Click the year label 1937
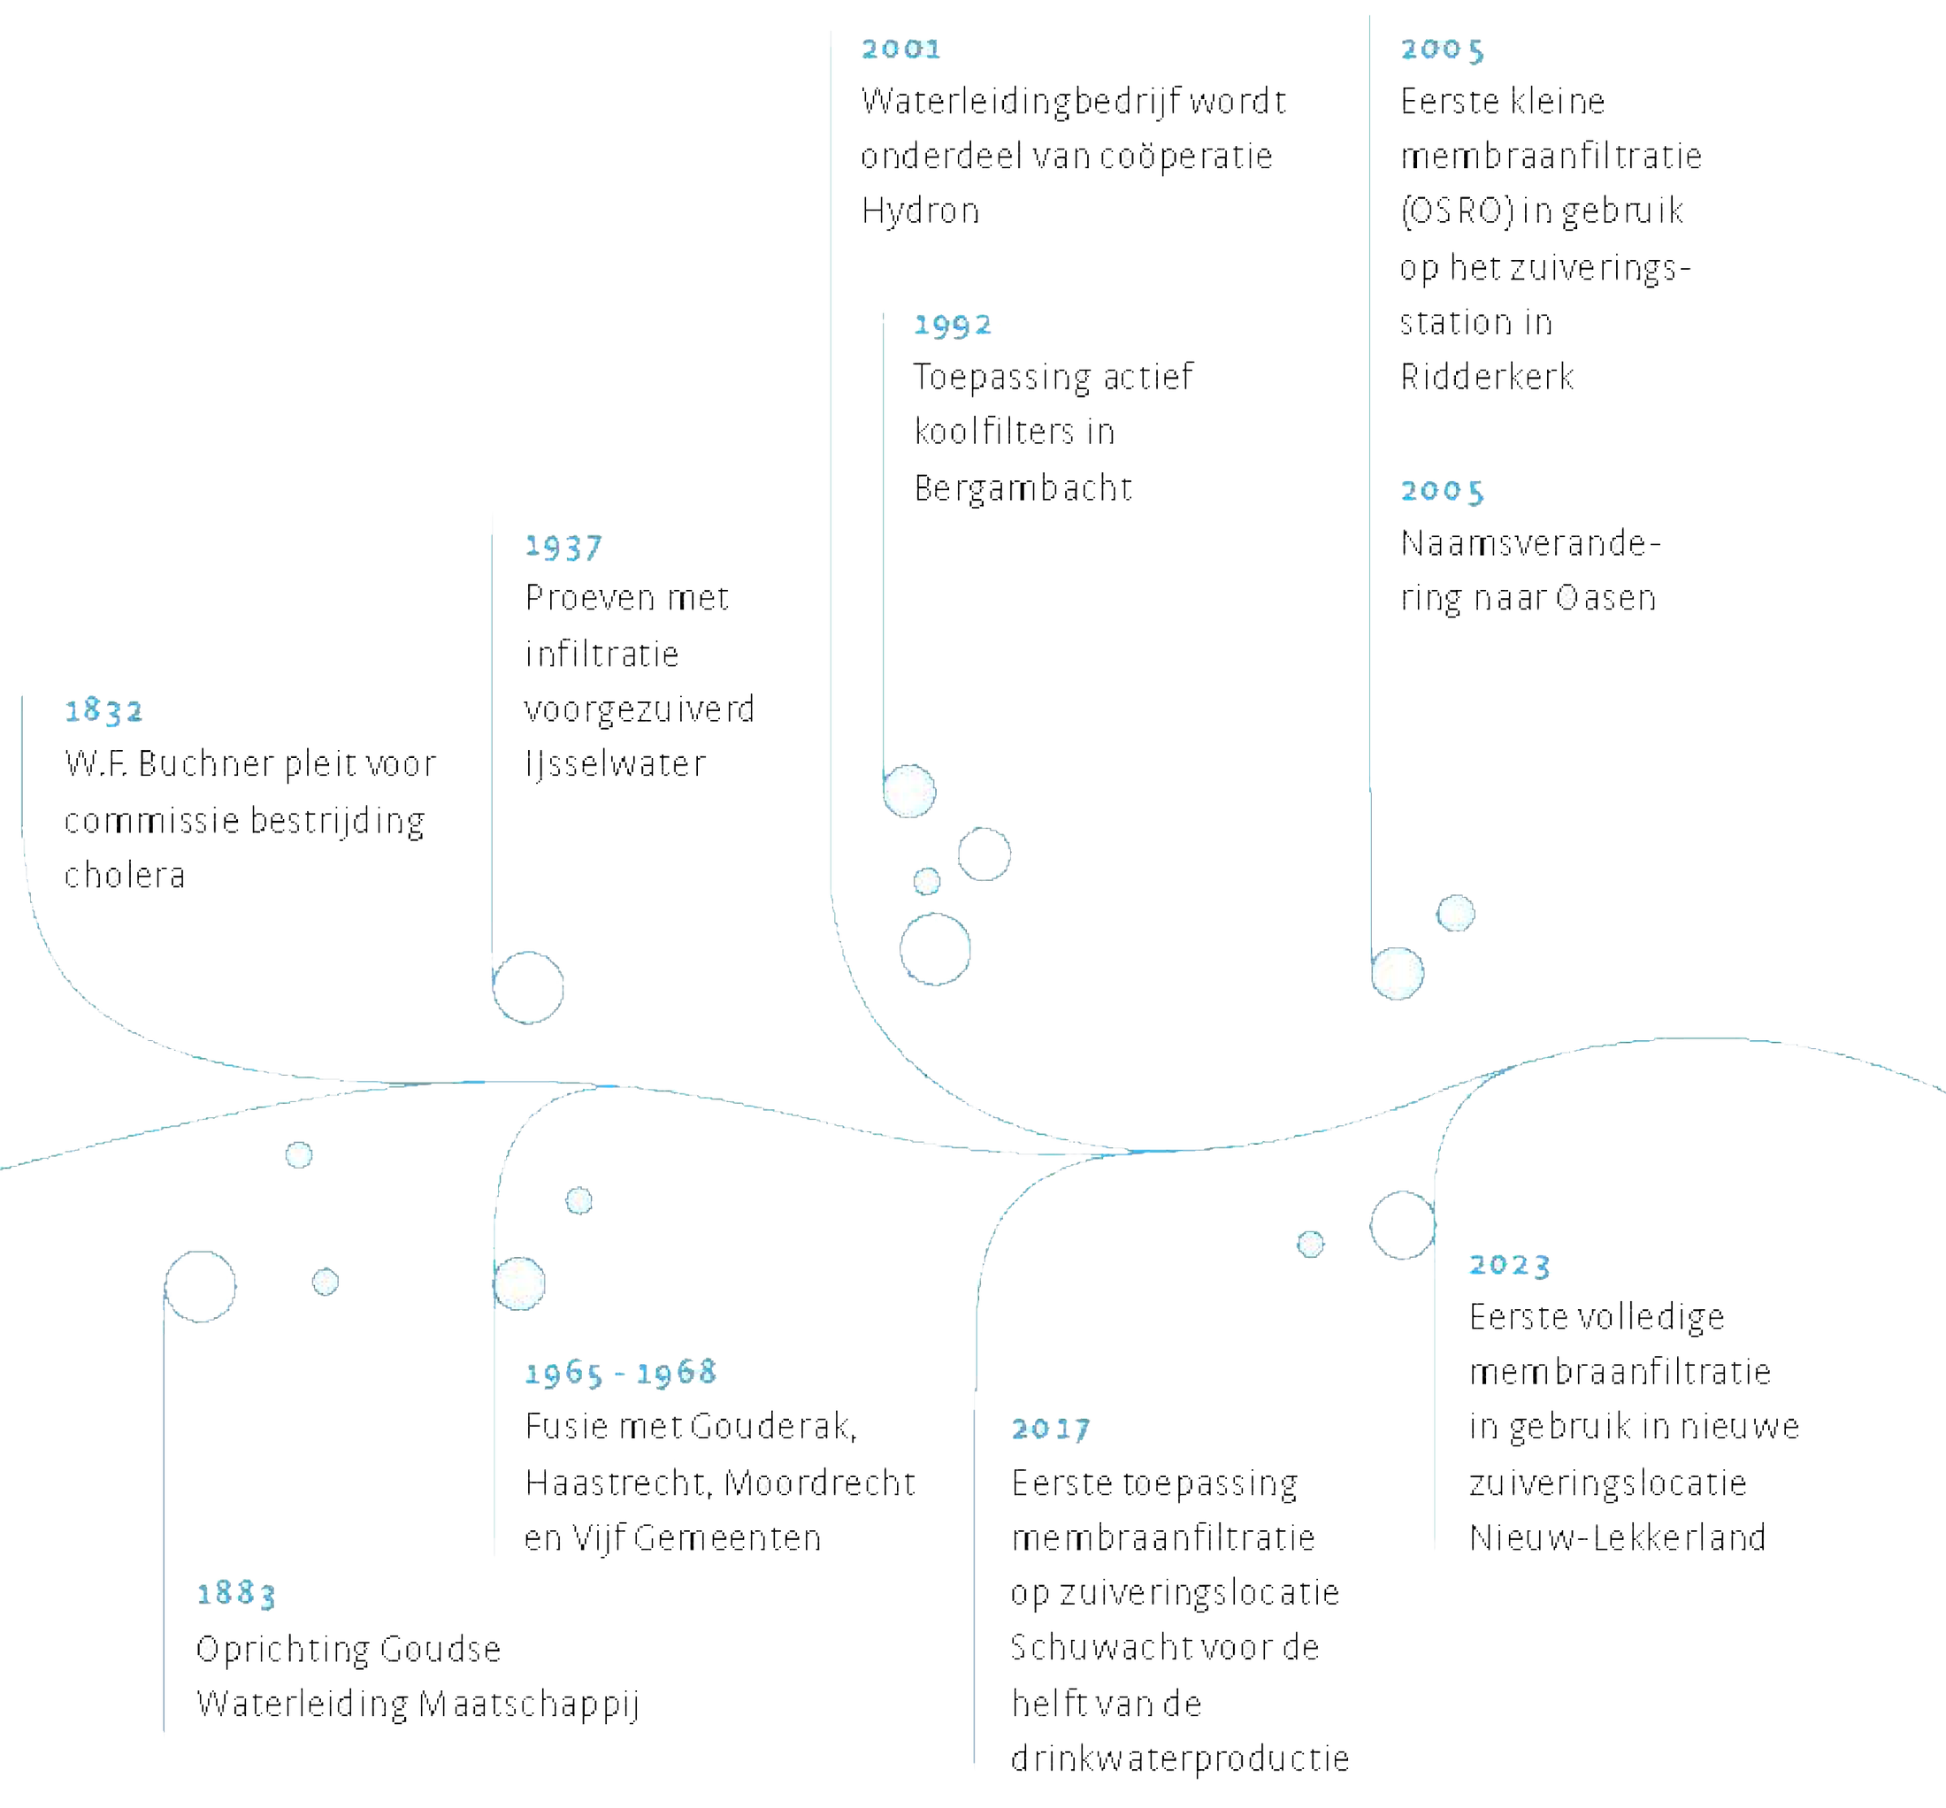[563, 547]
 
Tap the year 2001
[900, 49]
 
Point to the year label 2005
[1441, 491]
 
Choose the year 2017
[1050, 1429]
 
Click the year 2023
[1507, 1265]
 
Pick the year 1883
[236, 1594]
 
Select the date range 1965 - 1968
[621, 1374]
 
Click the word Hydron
[920, 211]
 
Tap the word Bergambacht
[1023, 487]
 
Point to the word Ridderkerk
[1487, 378]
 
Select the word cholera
[126, 875]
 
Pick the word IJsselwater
[615, 764]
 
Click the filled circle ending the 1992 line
[909, 792]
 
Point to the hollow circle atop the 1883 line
[201, 1285]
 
